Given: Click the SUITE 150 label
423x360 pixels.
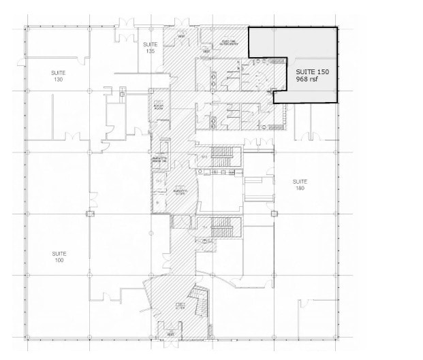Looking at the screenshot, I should click(311, 70).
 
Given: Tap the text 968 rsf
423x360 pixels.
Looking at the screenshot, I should click(307, 79).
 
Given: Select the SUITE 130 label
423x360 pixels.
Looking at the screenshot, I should click(57, 76).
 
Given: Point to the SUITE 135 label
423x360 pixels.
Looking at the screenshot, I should click(151, 48).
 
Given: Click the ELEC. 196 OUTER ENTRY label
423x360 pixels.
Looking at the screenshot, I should click(229, 43).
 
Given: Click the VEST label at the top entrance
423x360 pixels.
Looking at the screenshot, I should click(182, 35).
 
